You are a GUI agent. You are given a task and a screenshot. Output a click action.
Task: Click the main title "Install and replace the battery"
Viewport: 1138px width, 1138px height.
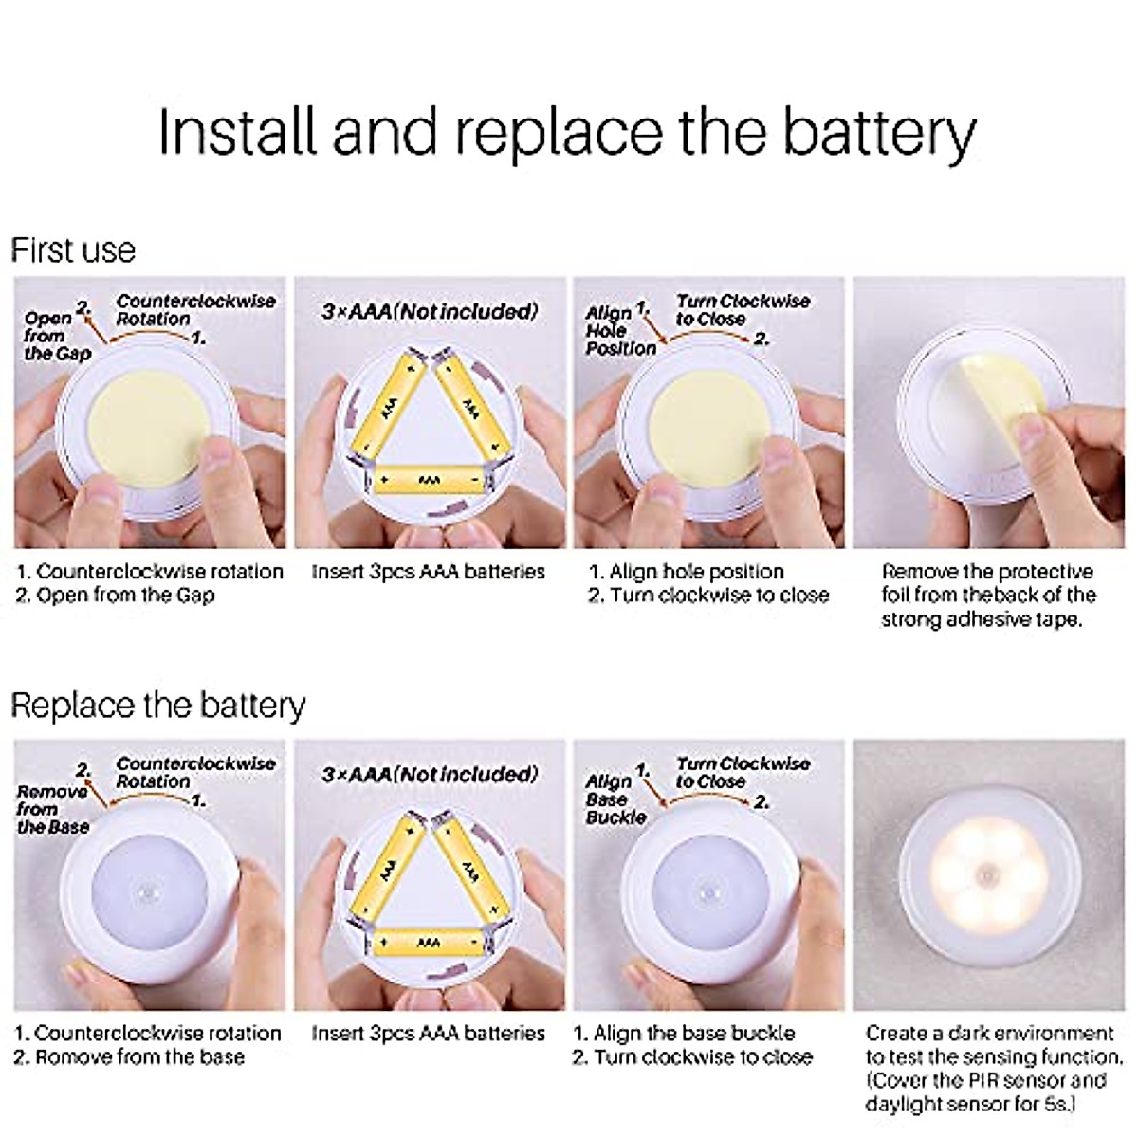pyautogui.click(x=566, y=132)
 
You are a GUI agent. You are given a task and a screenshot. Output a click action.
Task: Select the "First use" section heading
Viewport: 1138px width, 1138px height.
pyautogui.click(x=73, y=250)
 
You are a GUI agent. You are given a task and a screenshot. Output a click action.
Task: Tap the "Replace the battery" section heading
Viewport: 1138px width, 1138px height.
pyautogui.click(x=157, y=706)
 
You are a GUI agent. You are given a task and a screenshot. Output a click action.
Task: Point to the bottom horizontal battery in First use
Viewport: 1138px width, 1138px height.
pyautogui.click(x=431, y=481)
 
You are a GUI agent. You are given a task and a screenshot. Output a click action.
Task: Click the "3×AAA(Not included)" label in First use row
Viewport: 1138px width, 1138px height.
pyautogui.click(x=430, y=311)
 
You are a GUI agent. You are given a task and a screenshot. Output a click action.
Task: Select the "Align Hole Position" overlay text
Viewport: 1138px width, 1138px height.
pyautogui.click(x=620, y=330)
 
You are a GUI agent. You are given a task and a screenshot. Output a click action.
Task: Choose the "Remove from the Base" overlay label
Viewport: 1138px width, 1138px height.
pyautogui.click(x=52, y=808)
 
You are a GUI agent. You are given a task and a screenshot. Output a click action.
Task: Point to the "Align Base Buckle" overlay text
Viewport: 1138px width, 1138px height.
pyautogui.click(x=615, y=798)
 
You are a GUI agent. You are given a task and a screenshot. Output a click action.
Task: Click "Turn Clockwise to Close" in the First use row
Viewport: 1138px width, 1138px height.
pyautogui.click(x=742, y=310)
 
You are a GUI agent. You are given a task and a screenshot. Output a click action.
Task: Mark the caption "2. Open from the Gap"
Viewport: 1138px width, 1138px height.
pyautogui.click(x=116, y=596)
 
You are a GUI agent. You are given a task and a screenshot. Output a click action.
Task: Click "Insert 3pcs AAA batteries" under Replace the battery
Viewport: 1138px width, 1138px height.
pyautogui.click(x=429, y=1033)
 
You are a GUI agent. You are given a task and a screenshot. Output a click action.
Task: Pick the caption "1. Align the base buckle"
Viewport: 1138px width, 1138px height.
pyautogui.click(x=685, y=1033)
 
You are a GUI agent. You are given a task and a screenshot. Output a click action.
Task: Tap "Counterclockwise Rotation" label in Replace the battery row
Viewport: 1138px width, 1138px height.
pyautogui.click(x=195, y=772)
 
